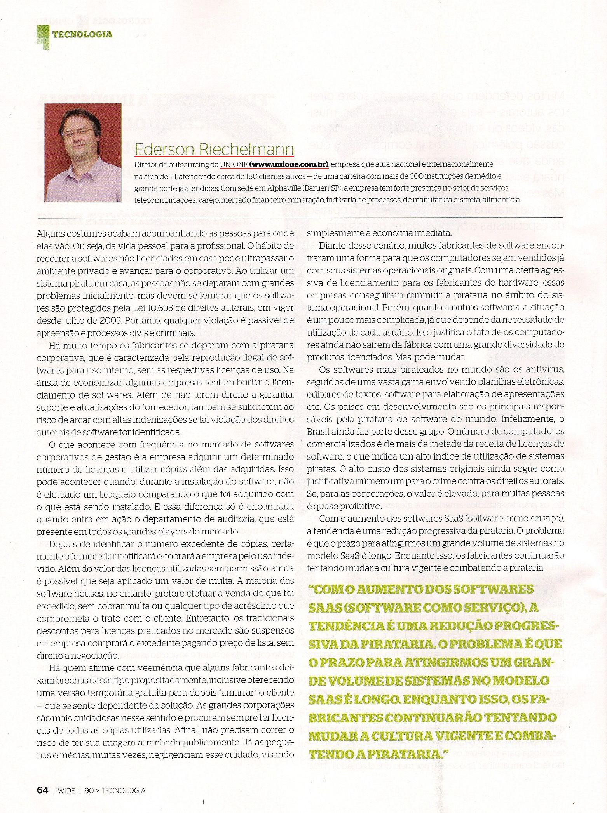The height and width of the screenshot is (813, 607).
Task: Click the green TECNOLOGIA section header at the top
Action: (82, 35)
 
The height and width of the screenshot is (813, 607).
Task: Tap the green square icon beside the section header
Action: (43, 36)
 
